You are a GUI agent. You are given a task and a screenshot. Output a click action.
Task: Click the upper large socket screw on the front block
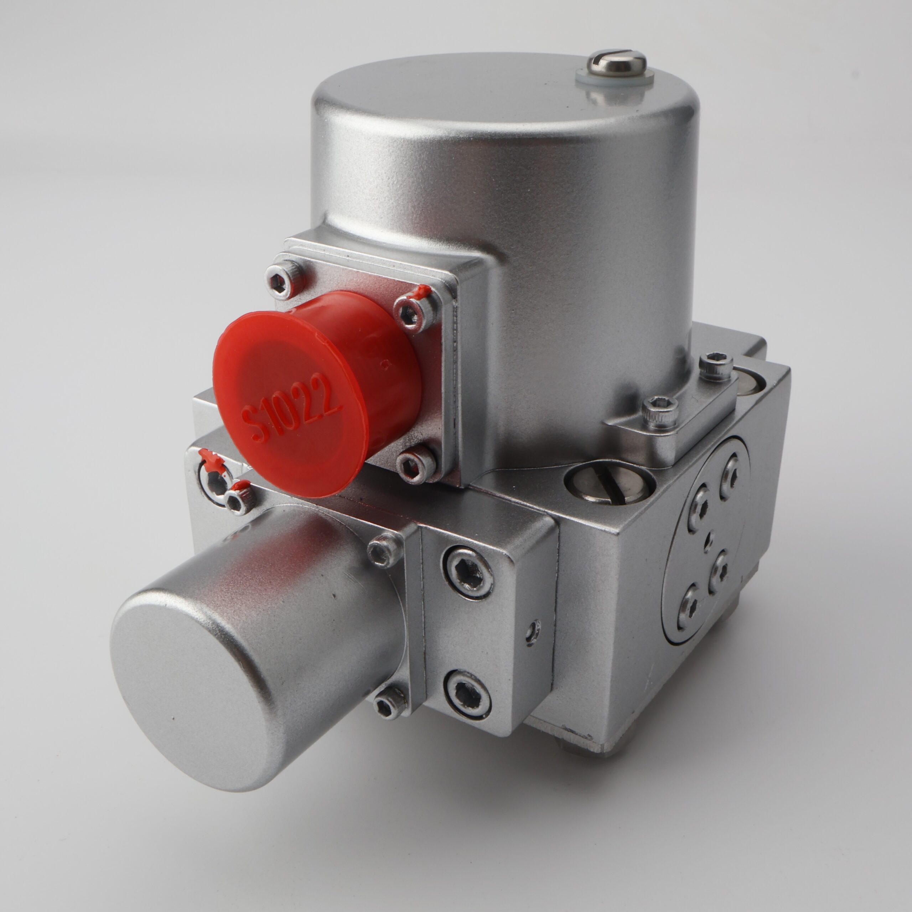467,572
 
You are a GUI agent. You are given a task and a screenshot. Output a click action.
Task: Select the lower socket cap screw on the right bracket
659,408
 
